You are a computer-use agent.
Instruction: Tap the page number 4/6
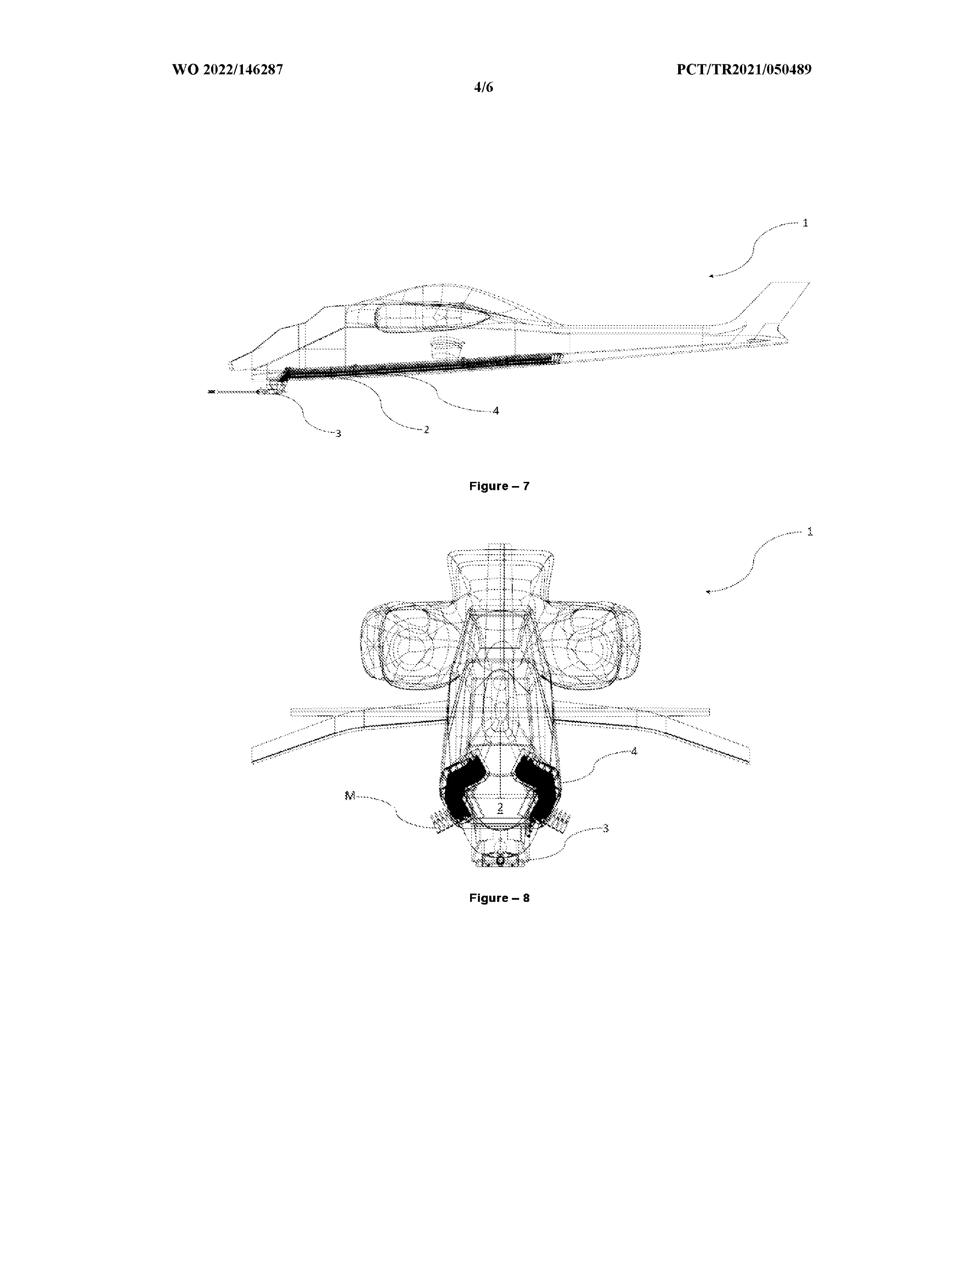[x=483, y=87]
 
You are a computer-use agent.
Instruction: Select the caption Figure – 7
[x=499, y=486]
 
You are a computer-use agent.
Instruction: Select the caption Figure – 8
[x=499, y=898]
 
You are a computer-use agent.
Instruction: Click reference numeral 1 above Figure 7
[x=805, y=223]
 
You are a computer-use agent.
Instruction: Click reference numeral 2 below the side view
[x=426, y=429]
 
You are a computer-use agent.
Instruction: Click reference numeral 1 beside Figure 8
[x=810, y=531]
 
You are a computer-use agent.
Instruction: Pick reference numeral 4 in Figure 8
[x=634, y=751]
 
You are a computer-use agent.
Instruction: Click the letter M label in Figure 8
[x=349, y=796]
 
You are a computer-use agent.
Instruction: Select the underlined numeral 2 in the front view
[x=500, y=807]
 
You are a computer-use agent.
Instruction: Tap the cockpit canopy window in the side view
[x=431, y=317]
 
